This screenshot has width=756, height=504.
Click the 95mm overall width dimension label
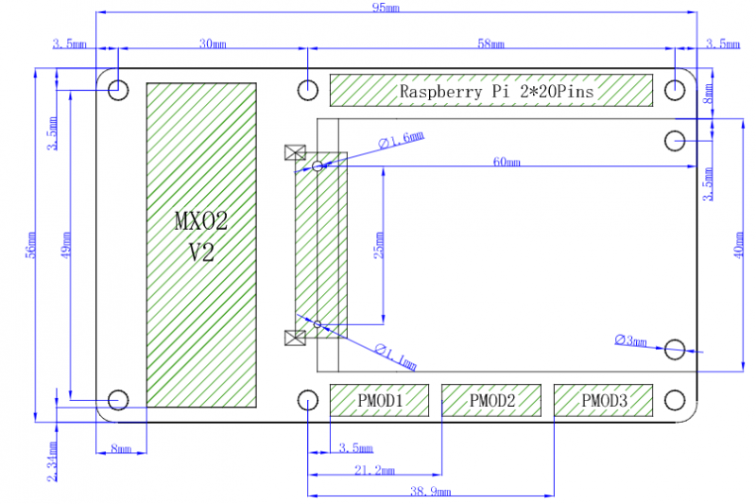click(x=386, y=8)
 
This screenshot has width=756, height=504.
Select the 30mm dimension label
click(x=214, y=43)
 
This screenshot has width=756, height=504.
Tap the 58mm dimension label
click(x=490, y=43)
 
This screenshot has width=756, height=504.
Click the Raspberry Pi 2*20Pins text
click(x=497, y=91)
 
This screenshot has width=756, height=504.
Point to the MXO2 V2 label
click(x=201, y=236)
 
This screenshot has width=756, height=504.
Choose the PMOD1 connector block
click(x=380, y=400)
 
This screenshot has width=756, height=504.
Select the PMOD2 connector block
click(x=491, y=400)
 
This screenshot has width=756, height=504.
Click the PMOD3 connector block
click(x=603, y=400)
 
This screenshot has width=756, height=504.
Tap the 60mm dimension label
click(x=507, y=162)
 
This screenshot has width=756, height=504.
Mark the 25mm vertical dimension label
click(x=379, y=246)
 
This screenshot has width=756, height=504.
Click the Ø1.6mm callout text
click(x=401, y=140)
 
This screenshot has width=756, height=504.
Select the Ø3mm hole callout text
click(x=630, y=340)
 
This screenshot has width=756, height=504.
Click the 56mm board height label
click(x=31, y=246)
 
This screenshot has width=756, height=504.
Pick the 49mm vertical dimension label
click(x=66, y=245)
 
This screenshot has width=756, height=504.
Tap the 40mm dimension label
click(x=739, y=246)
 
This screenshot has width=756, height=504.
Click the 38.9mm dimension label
click(x=431, y=492)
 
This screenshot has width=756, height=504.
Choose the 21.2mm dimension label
click(x=374, y=470)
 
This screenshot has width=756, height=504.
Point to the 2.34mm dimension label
click(x=53, y=461)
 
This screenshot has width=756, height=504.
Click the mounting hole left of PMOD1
click(x=308, y=400)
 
